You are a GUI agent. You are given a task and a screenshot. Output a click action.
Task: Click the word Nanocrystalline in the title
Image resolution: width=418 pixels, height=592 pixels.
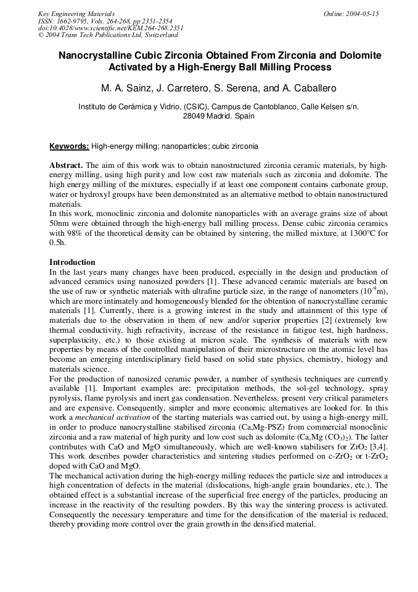(x=92, y=56)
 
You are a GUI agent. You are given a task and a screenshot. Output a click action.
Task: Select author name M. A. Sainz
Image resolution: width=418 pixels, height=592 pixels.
(x=123, y=87)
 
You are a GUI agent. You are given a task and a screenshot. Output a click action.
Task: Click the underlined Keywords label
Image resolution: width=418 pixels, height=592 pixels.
(x=69, y=146)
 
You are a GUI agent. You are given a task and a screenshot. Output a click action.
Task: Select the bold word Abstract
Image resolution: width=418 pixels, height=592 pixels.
(x=66, y=166)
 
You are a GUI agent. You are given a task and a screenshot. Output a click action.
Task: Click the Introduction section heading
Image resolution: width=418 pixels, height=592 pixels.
(x=72, y=262)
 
